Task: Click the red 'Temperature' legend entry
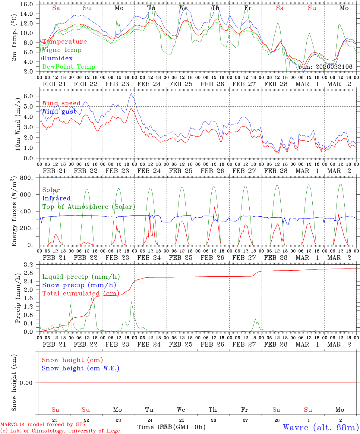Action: pos(65,42)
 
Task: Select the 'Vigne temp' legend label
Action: pos(62,50)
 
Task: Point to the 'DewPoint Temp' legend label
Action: pos(69,67)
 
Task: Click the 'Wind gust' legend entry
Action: pos(59,112)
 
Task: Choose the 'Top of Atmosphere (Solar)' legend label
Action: pos(89,207)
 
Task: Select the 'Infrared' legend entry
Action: pos(56,198)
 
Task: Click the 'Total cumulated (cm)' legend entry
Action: pos(81,294)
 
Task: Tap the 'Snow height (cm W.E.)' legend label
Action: pos(81,368)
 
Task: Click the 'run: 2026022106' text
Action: pos(325,67)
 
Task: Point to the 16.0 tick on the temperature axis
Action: pos(27,4)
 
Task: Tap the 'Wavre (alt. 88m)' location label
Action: pos(321,427)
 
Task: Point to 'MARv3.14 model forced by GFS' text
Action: pos(43,424)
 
